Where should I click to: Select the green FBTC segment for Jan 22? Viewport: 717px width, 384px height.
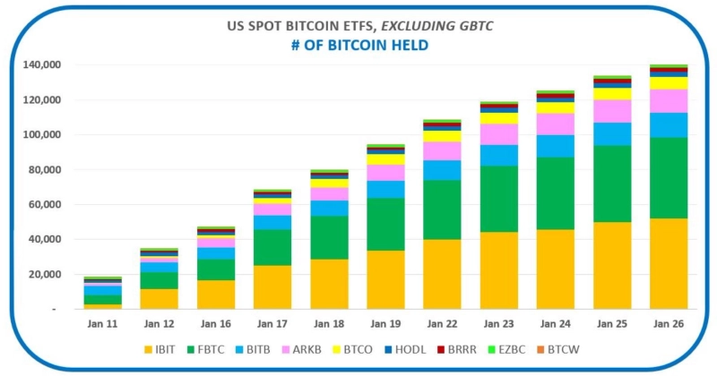pyautogui.click(x=442, y=209)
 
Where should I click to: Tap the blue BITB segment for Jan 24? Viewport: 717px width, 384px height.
pyautogui.click(x=555, y=146)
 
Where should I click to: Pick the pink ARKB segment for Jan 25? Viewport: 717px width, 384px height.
pyautogui.click(x=612, y=110)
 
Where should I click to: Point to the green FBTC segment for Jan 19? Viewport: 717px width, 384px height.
pyautogui.click(x=385, y=224)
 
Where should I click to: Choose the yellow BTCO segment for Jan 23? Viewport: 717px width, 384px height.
pyautogui.click(x=498, y=118)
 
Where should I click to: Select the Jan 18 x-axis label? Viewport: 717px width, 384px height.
pyautogui.click(x=329, y=321)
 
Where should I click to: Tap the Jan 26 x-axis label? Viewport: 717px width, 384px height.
pyautogui.click(x=669, y=321)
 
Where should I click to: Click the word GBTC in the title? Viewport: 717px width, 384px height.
pyautogui.click(x=470, y=27)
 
